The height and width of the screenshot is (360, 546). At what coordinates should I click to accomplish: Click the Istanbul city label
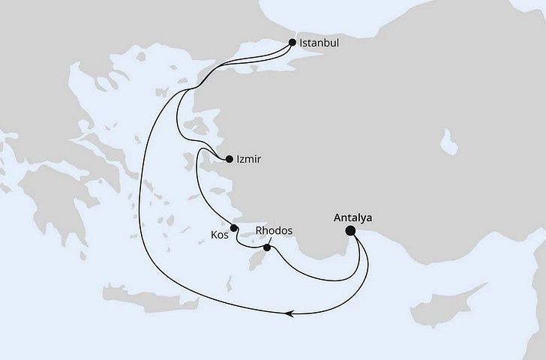(x=319, y=43)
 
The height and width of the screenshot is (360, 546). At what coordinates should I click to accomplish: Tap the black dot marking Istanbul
(x=291, y=43)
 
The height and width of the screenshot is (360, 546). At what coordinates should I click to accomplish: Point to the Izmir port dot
(x=229, y=158)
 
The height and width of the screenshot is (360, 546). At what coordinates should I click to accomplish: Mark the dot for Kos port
(x=234, y=228)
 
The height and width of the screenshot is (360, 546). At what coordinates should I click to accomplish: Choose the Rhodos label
(x=274, y=230)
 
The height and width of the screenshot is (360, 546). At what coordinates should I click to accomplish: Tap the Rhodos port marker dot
(x=267, y=247)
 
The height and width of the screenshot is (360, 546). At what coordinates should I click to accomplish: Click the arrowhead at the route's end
(x=292, y=314)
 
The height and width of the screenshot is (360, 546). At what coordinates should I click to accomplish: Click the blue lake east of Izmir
(x=451, y=140)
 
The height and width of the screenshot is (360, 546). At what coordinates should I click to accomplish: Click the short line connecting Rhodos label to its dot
(x=270, y=240)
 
